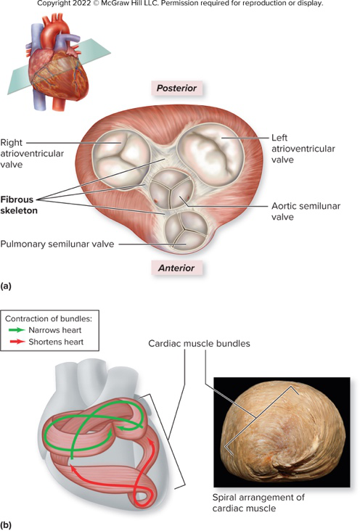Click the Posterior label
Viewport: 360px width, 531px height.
tap(177, 88)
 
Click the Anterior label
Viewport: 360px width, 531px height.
tap(178, 268)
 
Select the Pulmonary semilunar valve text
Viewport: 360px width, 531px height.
tap(57, 244)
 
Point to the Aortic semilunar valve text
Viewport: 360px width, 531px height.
tap(298, 210)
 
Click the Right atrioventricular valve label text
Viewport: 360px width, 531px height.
tap(31, 154)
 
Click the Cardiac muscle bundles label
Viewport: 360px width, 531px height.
tap(200, 344)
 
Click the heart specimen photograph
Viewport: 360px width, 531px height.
tap(282, 432)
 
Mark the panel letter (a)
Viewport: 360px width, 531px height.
tap(7, 287)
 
